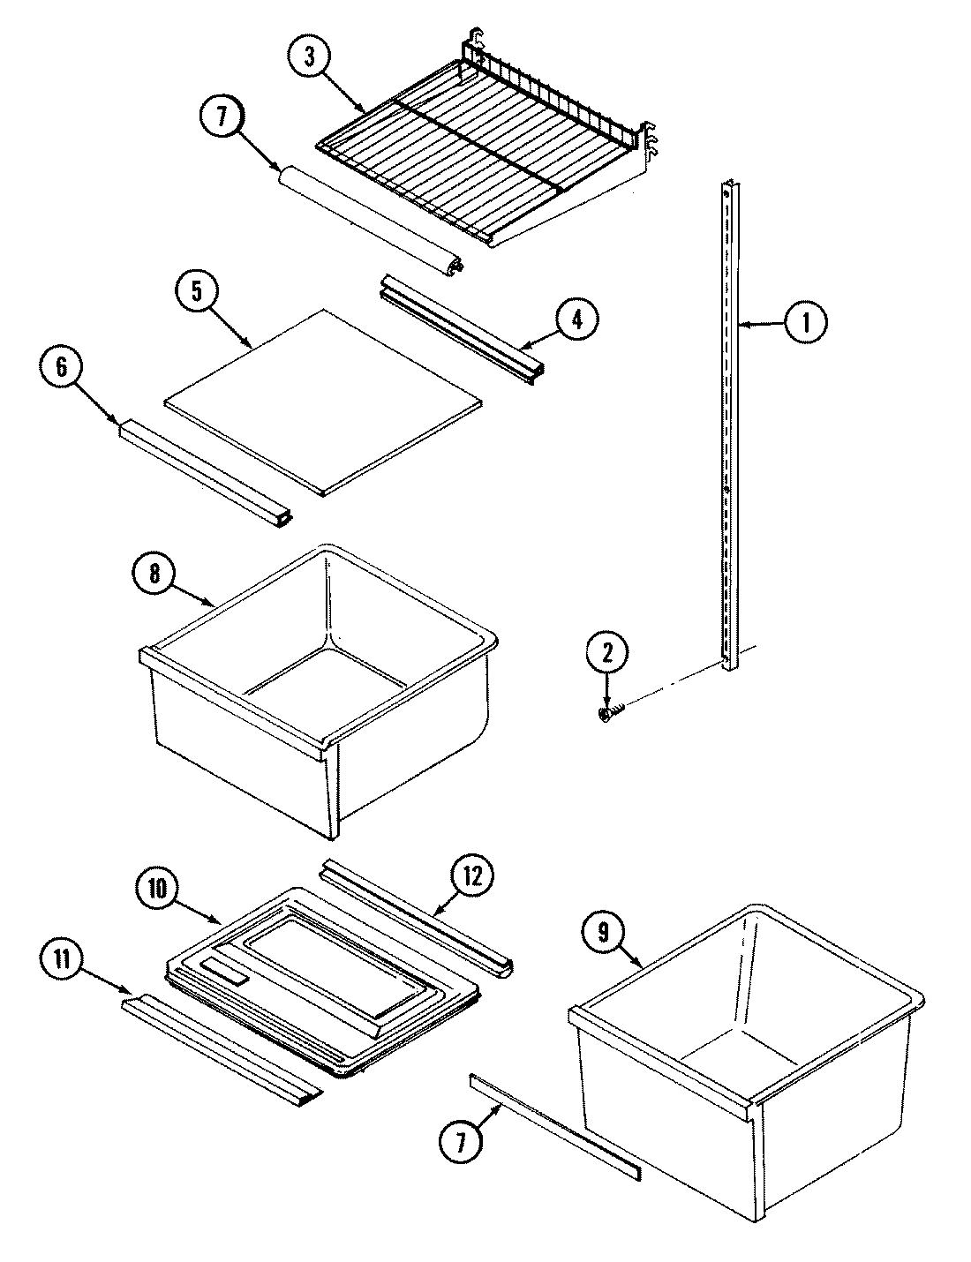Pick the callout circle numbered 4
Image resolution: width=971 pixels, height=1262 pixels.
pos(576,319)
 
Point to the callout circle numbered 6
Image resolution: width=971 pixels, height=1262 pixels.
pos(62,366)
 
